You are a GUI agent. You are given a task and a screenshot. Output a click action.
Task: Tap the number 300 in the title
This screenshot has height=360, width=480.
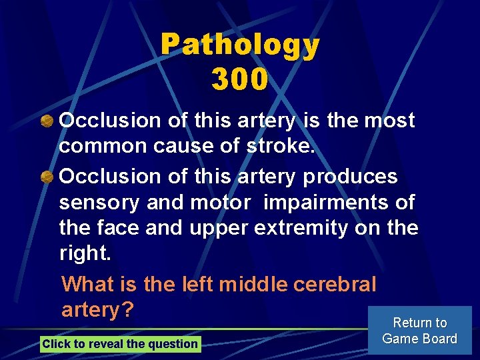240,79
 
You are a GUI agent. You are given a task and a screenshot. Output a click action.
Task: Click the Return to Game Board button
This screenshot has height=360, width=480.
419,331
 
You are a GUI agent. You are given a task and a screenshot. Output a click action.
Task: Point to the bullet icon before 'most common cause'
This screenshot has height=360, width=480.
47,121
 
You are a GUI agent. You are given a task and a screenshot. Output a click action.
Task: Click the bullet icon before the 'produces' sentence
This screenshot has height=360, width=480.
47,177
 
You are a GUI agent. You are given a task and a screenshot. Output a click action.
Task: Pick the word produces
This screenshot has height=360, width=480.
350,177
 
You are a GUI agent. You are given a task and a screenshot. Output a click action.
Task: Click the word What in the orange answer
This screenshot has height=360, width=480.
88,284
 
